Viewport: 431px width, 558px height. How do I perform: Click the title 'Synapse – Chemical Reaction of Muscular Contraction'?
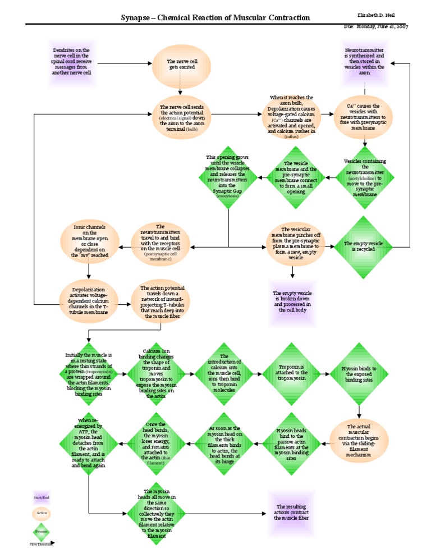[x=215, y=17]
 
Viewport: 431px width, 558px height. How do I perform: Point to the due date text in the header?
[x=383, y=27]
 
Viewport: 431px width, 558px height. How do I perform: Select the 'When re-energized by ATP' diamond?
[x=90, y=443]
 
